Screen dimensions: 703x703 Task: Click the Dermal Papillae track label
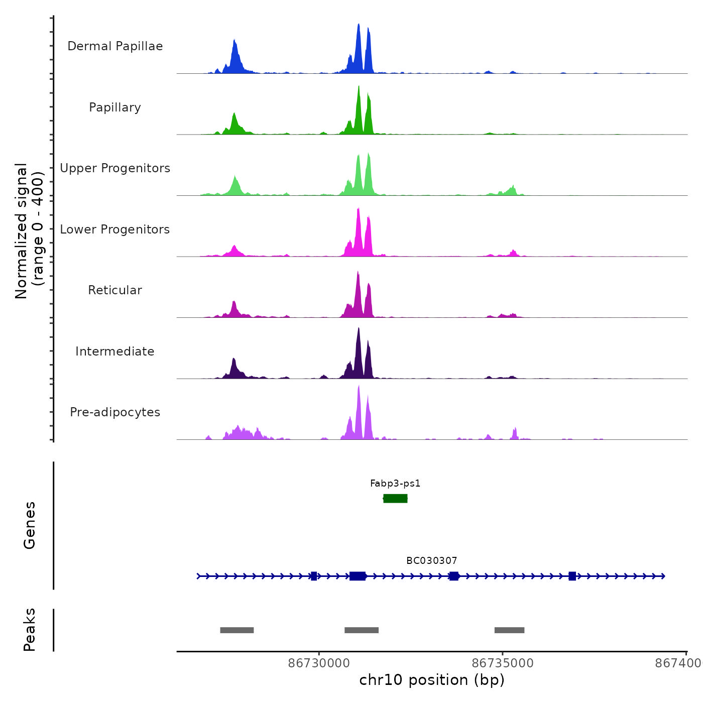[x=115, y=46]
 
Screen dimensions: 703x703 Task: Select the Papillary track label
[x=115, y=107]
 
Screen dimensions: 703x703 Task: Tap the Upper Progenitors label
[x=115, y=168]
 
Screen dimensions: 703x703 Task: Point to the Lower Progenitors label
[x=115, y=229]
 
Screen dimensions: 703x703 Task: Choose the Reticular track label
[x=115, y=290]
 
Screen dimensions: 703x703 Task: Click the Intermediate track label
[x=115, y=351]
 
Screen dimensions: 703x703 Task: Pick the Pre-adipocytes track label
[x=115, y=412]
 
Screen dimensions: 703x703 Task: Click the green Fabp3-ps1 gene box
[x=395, y=498]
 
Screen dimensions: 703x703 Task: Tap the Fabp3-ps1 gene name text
[x=395, y=484]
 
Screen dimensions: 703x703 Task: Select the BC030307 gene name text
[x=432, y=560]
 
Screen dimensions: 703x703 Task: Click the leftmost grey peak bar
[x=237, y=630]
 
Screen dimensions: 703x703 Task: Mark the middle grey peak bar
[x=362, y=630]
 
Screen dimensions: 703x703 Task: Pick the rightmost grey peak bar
[x=509, y=630]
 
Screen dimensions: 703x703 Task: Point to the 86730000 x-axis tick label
[x=319, y=663]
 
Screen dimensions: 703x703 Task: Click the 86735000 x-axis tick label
[x=503, y=663]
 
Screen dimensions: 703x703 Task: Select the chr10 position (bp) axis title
[x=432, y=680]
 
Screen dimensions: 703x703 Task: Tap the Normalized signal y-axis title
[x=29, y=231]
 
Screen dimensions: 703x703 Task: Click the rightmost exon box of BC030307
[x=572, y=576]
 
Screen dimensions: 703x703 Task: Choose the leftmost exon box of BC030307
[x=314, y=576]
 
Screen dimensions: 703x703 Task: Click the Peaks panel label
[x=29, y=630]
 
